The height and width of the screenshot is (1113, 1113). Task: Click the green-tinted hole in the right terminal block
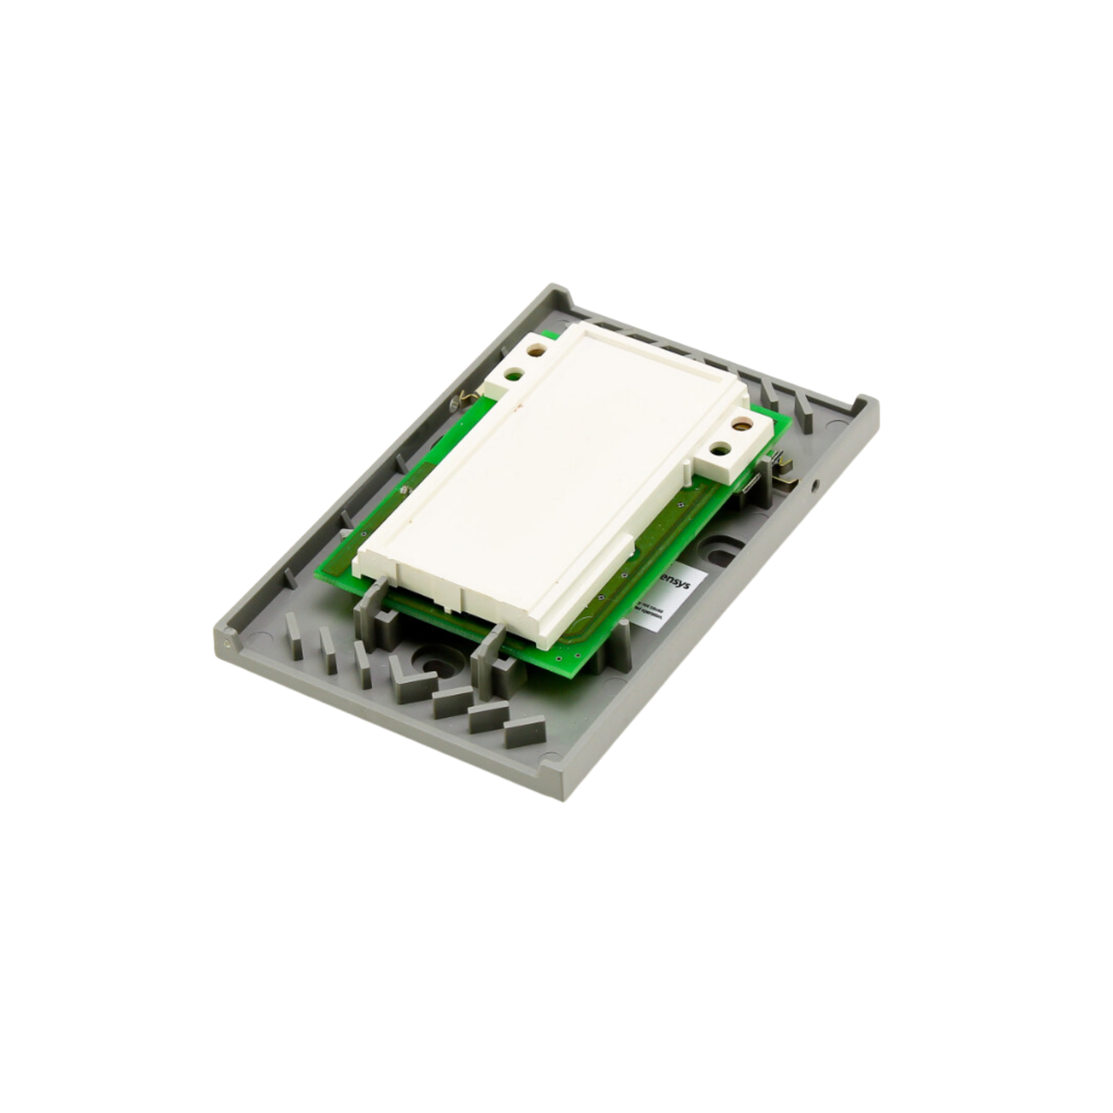click(x=720, y=449)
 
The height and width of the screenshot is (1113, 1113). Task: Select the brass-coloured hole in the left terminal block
click(x=535, y=349)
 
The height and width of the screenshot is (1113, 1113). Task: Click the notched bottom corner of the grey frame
click(x=551, y=763)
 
